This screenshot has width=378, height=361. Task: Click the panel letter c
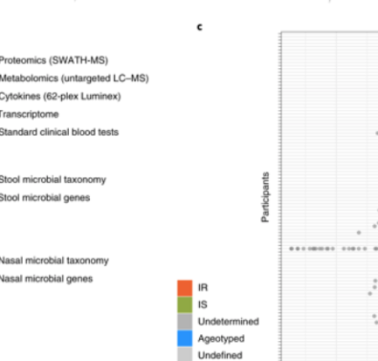(200, 27)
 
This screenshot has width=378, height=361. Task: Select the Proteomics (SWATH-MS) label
(54, 60)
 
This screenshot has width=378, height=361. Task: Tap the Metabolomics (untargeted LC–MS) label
(74, 78)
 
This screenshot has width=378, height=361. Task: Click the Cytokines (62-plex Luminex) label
(60, 97)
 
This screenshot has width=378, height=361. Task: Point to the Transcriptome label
(29, 114)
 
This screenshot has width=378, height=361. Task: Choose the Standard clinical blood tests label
(59, 133)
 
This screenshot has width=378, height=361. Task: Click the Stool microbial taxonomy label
(52, 180)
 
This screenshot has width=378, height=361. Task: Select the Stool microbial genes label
(45, 198)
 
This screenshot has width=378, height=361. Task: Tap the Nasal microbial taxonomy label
(54, 261)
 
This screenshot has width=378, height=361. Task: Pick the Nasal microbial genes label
(46, 279)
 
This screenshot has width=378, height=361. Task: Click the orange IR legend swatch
(185, 288)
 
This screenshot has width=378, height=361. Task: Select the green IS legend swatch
(185, 304)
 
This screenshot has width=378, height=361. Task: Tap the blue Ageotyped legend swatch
(185, 338)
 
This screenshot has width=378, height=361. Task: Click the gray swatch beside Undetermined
(185, 322)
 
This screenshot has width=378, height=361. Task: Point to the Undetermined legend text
(229, 322)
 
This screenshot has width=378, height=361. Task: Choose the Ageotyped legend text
(221, 339)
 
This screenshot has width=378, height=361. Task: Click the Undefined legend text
(220, 355)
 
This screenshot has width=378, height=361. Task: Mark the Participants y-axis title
(265, 197)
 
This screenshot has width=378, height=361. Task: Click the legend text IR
(203, 288)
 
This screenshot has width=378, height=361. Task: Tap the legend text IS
(203, 304)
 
